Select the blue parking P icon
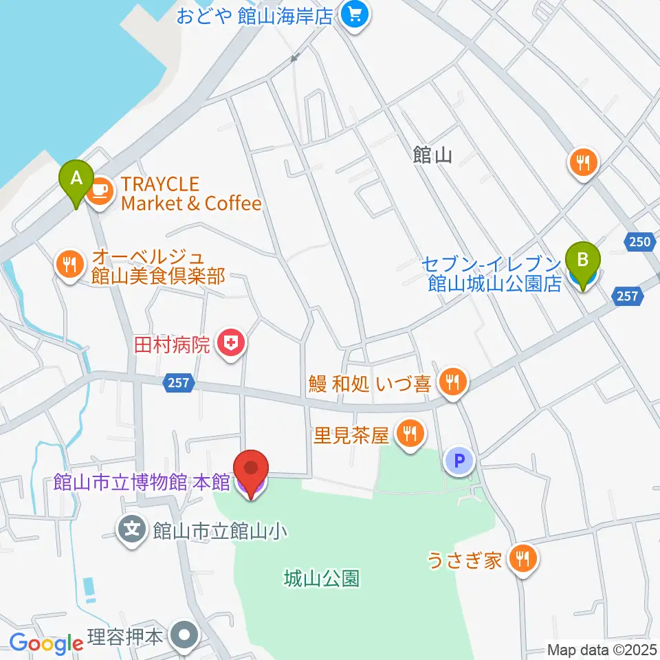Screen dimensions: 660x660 coord(460,460)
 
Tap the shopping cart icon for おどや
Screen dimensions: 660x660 coord(355,14)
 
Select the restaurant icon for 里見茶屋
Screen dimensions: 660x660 coord(411,434)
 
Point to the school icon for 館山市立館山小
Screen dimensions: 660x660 coord(133,529)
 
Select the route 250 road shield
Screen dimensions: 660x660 coord(639,241)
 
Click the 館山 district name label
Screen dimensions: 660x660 coord(432,156)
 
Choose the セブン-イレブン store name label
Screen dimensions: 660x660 coord(493,273)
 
